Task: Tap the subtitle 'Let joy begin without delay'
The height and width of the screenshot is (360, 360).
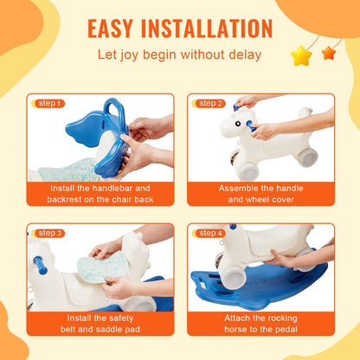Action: (179, 56)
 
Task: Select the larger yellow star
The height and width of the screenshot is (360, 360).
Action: (301, 56)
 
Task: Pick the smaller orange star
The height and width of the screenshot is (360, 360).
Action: (329, 53)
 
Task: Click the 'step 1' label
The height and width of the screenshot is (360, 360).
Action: (48, 103)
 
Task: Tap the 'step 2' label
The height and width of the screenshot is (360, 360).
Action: (210, 103)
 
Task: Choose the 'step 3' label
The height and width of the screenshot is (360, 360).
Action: (48, 233)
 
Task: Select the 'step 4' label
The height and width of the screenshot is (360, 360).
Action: (210, 233)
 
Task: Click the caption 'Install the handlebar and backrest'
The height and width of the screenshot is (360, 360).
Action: (100, 193)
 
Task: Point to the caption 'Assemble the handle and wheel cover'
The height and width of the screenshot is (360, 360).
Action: (260, 193)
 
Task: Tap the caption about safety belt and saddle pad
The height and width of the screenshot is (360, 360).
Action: (100, 324)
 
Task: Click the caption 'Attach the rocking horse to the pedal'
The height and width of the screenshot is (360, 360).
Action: (260, 324)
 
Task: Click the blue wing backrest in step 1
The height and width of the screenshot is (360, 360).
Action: (91, 130)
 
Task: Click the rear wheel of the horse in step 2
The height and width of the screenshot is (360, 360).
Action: (308, 158)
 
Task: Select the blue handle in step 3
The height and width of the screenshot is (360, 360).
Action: (38, 261)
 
